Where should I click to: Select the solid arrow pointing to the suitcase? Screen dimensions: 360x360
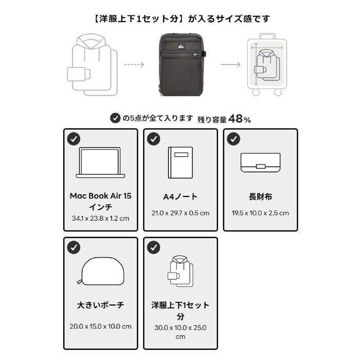[230, 65]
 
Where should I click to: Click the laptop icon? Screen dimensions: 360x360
[100, 164]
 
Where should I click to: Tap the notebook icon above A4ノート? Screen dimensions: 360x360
[180, 163]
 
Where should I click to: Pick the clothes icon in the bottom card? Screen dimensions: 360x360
[180, 271]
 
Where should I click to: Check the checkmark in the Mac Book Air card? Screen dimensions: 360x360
[74, 139]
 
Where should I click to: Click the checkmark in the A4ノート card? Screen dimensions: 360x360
[154, 139]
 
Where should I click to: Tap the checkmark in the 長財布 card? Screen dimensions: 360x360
[233, 139]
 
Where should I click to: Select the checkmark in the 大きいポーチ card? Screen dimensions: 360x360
[74, 247]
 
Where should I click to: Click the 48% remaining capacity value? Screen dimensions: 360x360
[240, 119]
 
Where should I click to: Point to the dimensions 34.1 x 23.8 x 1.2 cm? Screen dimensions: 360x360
[100, 218]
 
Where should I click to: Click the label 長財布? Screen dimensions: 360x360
[260, 196]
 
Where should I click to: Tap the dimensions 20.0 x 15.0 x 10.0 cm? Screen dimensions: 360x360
[100, 326]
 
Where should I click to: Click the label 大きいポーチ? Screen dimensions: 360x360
[100, 305]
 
